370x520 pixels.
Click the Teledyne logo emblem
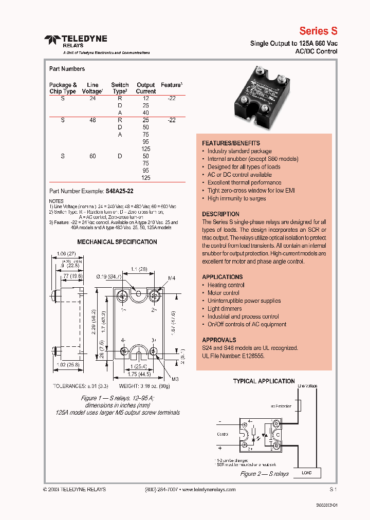pos(52,40)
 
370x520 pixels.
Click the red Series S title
pos(318,31)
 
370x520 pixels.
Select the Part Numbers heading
pos(67,69)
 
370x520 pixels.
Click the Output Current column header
pos(145,88)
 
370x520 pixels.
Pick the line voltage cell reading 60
pos(92,156)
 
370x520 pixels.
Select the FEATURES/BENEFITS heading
pos(231,143)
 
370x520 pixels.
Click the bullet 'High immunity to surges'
pos(236,198)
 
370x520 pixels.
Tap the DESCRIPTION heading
pos(220,214)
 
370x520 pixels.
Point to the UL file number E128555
pos(250,356)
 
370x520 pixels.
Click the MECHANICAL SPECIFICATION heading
pos(117,242)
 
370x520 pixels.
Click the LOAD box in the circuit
pos(307,473)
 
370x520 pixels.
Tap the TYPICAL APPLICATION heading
pos(264,381)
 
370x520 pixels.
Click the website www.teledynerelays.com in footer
pos(208,490)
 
